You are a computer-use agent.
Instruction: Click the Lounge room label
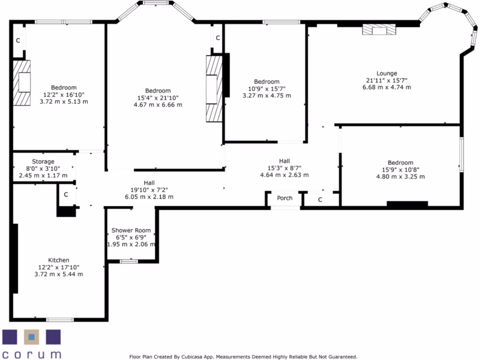click(x=386, y=73)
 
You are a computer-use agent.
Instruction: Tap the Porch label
click(x=285, y=198)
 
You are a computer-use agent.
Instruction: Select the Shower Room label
click(x=131, y=230)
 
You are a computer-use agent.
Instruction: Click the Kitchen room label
click(x=59, y=260)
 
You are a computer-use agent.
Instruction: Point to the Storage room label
click(x=43, y=162)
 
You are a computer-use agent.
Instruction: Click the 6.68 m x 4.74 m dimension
click(x=386, y=87)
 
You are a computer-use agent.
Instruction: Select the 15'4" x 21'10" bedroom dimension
click(x=158, y=97)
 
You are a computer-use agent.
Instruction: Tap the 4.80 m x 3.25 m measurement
click(x=400, y=177)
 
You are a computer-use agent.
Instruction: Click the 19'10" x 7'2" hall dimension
click(x=149, y=190)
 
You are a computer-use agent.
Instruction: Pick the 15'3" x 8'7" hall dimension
click(x=285, y=168)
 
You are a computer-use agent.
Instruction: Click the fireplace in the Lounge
click(x=379, y=30)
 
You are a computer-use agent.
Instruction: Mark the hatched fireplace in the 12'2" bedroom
click(x=22, y=83)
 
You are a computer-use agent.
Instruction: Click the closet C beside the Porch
click(x=320, y=200)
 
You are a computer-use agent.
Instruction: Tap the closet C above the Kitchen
click(x=66, y=194)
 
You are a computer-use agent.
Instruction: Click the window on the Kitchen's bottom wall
click(x=60, y=320)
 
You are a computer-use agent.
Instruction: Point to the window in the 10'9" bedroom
click(x=281, y=22)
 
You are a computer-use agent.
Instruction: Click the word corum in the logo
click(x=31, y=353)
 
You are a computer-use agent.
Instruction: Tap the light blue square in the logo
click(x=31, y=336)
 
